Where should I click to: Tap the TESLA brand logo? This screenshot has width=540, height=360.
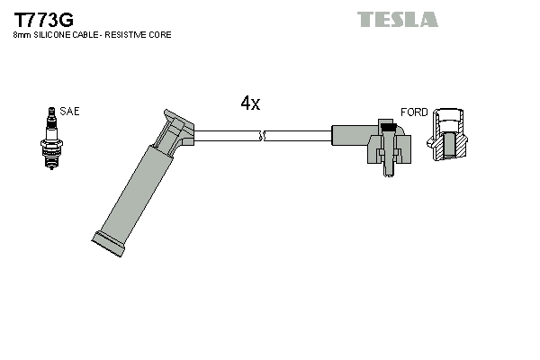(x=397, y=19)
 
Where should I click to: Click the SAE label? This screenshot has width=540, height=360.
(x=69, y=112)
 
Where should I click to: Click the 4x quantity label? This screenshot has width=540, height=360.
(x=250, y=103)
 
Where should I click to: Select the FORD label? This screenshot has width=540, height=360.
(x=414, y=112)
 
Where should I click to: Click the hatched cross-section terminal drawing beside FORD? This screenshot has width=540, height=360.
(x=449, y=137)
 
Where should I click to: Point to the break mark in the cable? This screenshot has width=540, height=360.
(x=262, y=137)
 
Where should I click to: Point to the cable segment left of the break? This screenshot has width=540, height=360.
(x=225, y=137)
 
